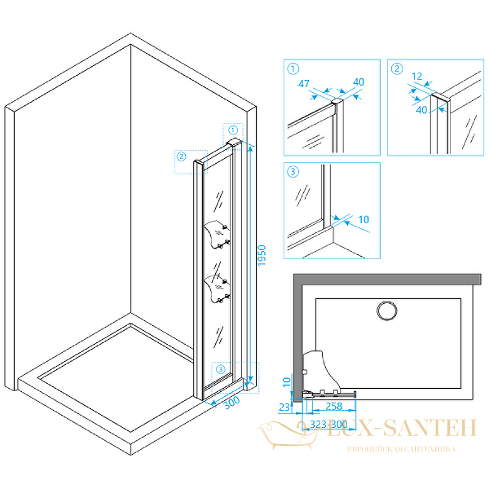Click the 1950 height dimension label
pyautogui.click(x=262, y=256)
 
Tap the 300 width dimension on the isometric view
pyautogui.click(x=232, y=402)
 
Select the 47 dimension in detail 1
pyautogui.click(x=304, y=83)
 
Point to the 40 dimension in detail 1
pyautogui.click(x=359, y=82)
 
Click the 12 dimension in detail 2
pyautogui.click(x=417, y=76)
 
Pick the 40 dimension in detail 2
pyautogui.click(x=422, y=110)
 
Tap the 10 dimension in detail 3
pyautogui.click(x=364, y=219)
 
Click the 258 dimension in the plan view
pyautogui.click(x=334, y=406)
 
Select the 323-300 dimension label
pyautogui.click(x=329, y=424)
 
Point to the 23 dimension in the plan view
pyautogui.click(x=284, y=407)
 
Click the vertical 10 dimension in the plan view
pyautogui.click(x=287, y=382)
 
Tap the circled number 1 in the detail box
pyautogui.click(x=293, y=68)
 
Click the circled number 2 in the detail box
pyautogui.click(x=397, y=68)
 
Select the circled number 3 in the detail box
pyautogui.click(x=293, y=172)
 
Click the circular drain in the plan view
pyautogui.click(x=387, y=311)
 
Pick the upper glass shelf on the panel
pyautogui.click(x=217, y=234)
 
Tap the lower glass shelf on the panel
pyautogui.click(x=217, y=289)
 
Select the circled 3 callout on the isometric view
pyautogui.click(x=221, y=369)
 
